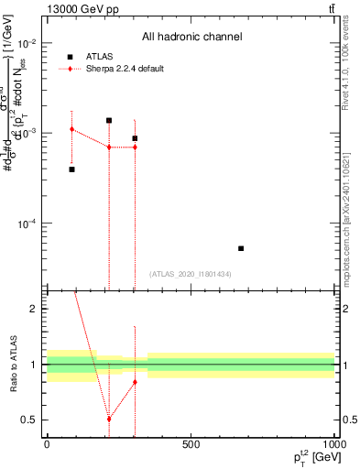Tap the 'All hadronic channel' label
pyautogui.click(x=191, y=38)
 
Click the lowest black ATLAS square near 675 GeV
pyautogui.click(x=241, y=248)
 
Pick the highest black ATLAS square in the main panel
pyautogui.click(x=109, y=120)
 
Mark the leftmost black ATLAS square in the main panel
pyautogui.click(x=72, y=169)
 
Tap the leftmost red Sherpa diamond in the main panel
pyautogui.click(x=72, y=129)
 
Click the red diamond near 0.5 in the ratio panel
pyautogui.click(x=109, y=419)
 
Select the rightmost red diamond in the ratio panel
pyautogui.click(x=135, y=382)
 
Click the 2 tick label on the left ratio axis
pyautogui.click(x=33, y=309)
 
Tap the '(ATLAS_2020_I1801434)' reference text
pyautogui.click(x=190, y=274)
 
